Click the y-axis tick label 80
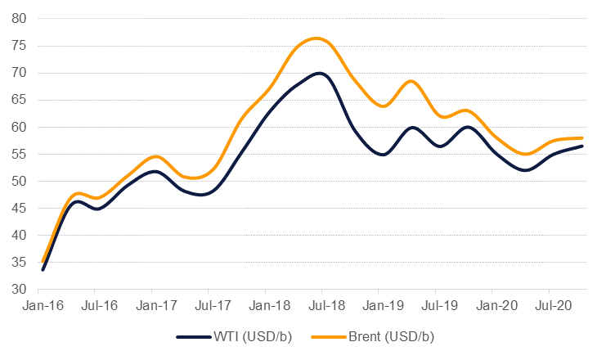(x=17, y=19)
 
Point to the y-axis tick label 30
(x=17, y=290)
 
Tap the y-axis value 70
(x=17, y=73)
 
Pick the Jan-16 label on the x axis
(x=38, y=306)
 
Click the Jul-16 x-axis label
(x=95, y=306)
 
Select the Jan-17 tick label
(x=151, y=306)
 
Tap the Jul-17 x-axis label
(x=208, y=306)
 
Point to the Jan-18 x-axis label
(x=265, y=306)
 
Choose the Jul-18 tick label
(x=321, y=306)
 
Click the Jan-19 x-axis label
(x=378, y=306)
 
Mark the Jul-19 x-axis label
(x=434, y=306)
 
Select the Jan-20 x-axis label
(x=492, y=306)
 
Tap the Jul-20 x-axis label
(x=548, y=306)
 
